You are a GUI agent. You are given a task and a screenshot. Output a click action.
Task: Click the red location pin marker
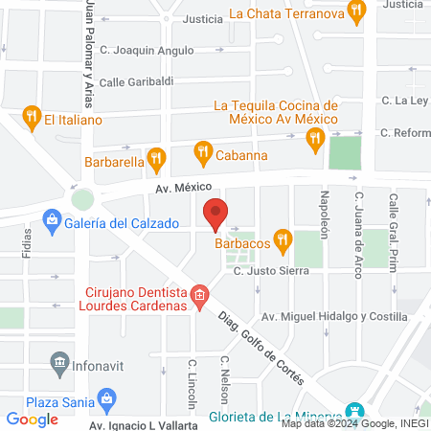pyautogui.click(x=215, y=213)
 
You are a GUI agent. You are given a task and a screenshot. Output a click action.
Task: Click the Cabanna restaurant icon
pyautogui.click(x=203, y=151)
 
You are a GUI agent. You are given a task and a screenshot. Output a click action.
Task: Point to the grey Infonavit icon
pyautogui.click(x=58, y=362)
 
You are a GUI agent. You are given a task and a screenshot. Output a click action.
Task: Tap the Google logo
pyautogui.click(x=32, y=419)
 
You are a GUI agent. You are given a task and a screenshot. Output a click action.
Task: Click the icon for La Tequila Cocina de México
pyautogui.click(x=315, y=140)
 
